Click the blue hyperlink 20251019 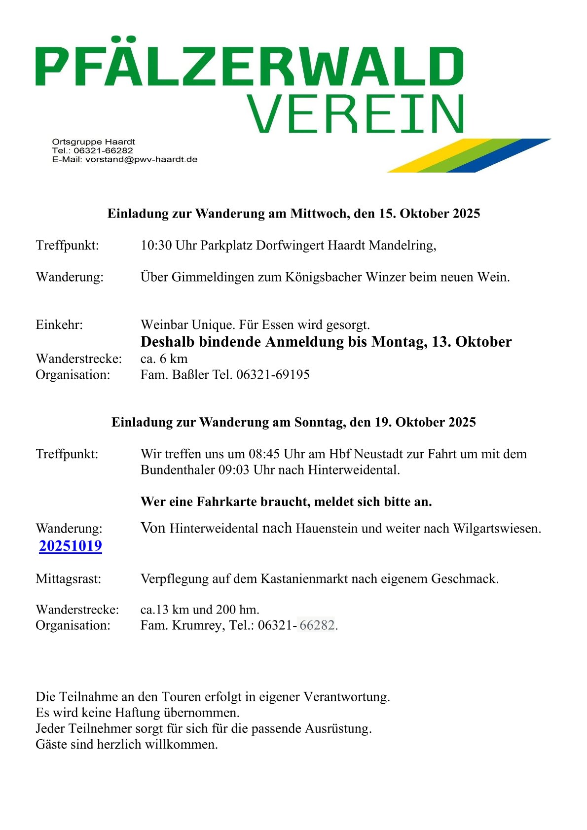point(71,546)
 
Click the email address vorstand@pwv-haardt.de point(142,159)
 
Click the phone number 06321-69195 point(273,375)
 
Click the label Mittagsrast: point(68,578)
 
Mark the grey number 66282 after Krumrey point(317,625)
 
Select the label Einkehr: point(59,325)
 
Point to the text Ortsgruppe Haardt point(93,142)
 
